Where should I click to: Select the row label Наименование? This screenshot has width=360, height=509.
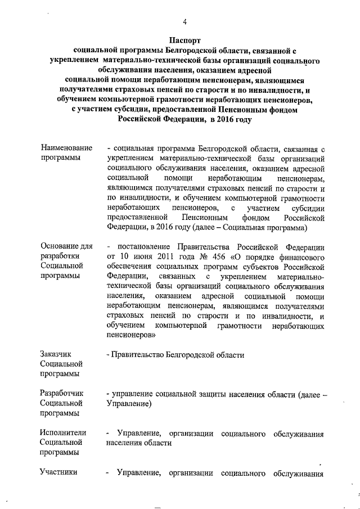coord(66,148)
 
